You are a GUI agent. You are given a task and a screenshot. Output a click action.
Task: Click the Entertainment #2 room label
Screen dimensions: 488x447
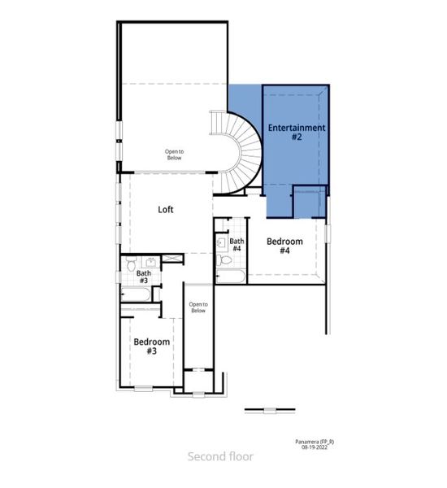pos(297,133)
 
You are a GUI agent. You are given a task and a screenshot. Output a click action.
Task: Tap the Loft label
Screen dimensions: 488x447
pos(166,209)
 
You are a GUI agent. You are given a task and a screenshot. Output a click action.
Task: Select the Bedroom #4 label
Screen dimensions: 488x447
pos(284,246)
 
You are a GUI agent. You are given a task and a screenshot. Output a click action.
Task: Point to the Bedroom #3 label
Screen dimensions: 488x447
pos(151,346)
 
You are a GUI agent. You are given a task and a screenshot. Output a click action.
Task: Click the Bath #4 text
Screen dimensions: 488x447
pos(237,245)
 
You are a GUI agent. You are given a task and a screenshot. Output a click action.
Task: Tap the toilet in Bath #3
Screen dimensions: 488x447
pos(131,263)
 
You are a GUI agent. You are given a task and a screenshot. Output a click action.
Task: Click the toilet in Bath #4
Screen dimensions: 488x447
pos(226,260)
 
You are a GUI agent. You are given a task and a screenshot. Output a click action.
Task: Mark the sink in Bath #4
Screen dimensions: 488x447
pos(221,242)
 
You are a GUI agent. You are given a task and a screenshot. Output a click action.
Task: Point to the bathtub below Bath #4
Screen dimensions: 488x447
pos(231,277)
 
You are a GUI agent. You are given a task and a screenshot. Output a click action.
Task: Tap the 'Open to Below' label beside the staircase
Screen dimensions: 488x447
pos(175,154)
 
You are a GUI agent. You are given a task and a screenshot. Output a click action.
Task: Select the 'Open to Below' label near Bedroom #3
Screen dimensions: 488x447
pos(197,307)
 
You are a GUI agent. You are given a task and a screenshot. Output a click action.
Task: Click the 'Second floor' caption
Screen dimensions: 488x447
pos(220,456)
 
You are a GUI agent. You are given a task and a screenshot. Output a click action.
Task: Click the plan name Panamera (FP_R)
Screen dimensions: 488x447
pos(315,441)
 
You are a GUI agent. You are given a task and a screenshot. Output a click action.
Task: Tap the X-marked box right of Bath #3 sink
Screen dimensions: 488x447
pos(171,258)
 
